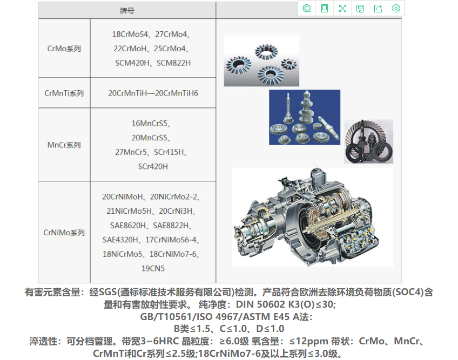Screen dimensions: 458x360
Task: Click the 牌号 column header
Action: click(127, 11)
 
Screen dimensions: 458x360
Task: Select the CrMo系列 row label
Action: click(64, 49)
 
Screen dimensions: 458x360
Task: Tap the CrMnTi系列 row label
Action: click(64, 93)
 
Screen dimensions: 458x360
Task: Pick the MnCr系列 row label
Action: click(64, 145)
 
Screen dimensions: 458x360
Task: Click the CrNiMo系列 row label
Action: click(64, 233)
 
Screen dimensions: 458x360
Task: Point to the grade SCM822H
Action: click(173, 63)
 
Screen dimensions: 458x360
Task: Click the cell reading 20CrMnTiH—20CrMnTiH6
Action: click(153, 93)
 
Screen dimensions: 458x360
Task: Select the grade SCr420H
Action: click(153, 167)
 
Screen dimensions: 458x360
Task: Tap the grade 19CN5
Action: click(153, 269)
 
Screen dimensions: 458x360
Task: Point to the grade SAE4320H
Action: click(120, 240)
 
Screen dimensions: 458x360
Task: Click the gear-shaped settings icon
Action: click(396, 9)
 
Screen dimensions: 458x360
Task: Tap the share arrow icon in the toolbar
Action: click(378, 9)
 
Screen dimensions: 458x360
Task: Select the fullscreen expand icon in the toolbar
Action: click(342, 9)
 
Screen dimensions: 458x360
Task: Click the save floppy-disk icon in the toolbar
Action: click(360, 9)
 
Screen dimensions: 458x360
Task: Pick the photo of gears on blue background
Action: click(305, 117)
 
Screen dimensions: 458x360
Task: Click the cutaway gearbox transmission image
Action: click(313, 217)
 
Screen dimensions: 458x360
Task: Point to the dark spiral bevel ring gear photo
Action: click(369, 141)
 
